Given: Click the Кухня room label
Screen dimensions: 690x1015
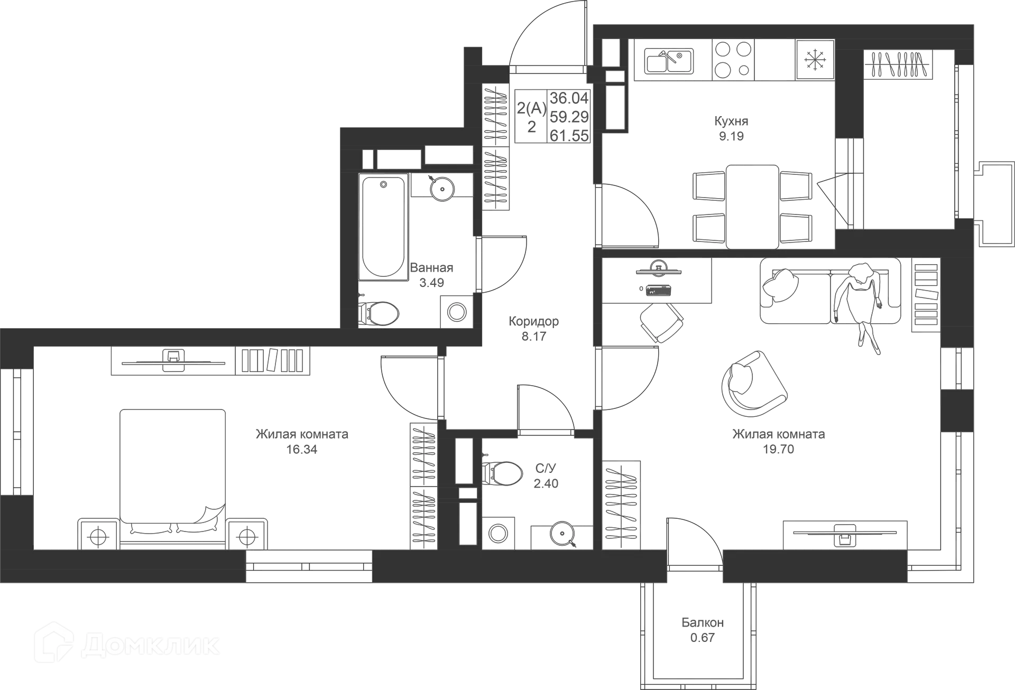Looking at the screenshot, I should (733, 122).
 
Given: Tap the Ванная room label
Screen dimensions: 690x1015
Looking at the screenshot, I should (431, 268).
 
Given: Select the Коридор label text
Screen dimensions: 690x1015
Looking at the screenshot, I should (533, 321).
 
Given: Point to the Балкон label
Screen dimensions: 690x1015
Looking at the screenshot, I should (703, 623).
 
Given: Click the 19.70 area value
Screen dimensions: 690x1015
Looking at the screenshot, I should (779, 450).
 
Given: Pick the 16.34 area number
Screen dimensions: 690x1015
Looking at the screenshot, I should (302, 450).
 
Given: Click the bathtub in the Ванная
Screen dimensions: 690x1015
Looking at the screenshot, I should (383, 227).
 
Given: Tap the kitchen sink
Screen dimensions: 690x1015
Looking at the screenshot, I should (669, 60).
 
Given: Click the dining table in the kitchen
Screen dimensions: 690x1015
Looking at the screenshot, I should (752, 205).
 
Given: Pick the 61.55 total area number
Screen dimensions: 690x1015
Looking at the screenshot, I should (569, 136).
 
